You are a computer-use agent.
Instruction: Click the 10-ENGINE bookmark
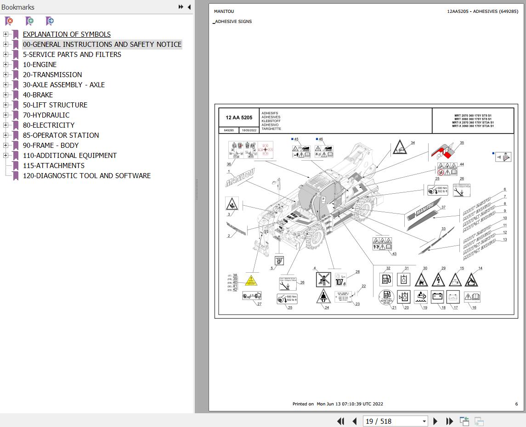coord(40,65)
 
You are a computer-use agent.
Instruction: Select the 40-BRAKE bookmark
coord(38,95)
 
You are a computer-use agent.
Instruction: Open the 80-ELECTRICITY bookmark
coord(48,125)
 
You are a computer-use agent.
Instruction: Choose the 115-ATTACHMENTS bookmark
coord(53,166)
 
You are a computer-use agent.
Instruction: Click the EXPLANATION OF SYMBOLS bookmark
coord(67,34)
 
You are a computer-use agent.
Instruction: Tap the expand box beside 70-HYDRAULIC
coord(6,115)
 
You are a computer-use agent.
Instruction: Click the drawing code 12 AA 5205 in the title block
coord(238,118)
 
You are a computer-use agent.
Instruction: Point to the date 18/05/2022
coord(249,130)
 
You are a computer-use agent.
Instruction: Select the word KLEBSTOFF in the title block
coord(271,121)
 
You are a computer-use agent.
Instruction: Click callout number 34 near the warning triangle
coord(413,143)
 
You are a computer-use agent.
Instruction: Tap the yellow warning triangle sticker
coord(251,280)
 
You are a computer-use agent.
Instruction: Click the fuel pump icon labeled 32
coord(386,279)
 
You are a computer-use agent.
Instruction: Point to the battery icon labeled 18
coord(437,297)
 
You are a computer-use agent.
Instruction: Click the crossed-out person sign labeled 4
coord(323,280)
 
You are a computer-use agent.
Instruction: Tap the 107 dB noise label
coord(340,280)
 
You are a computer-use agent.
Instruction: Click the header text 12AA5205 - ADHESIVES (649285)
coord(482,11)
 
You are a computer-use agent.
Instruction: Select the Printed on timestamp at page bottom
coord(338,404)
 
